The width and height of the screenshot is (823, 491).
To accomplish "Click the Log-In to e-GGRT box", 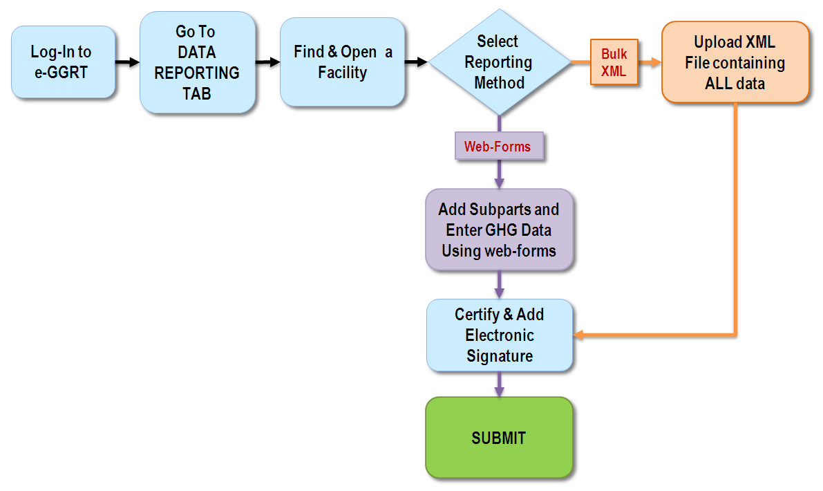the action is tap(63, 62).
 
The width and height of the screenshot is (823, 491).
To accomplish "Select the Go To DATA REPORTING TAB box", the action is tap(198, 62).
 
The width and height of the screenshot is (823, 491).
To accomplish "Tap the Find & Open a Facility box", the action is tap(342, 62).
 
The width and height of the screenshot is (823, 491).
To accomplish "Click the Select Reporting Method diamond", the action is tap(499, 62).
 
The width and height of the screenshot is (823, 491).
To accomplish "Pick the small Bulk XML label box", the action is tap(614, 62).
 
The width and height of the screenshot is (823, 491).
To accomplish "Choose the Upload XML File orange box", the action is tap(735, 62).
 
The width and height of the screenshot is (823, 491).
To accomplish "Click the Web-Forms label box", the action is tap(499, 146).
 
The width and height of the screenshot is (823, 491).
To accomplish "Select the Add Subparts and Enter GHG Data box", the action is tap(499, 230).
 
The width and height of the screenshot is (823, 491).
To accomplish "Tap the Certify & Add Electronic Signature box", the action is tap(499, 335).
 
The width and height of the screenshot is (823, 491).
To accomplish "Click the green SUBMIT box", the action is tap(499, 438).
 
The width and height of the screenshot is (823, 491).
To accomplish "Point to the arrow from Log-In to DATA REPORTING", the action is tap(128, 62).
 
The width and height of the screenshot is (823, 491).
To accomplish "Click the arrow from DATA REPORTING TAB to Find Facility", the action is tap(267, 62).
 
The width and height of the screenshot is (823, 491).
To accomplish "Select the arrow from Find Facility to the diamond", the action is tap(416, 62).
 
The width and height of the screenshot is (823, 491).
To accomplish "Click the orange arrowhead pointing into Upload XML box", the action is tap(656, 62).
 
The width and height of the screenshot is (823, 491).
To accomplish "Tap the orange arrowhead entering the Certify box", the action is tap(578, 335).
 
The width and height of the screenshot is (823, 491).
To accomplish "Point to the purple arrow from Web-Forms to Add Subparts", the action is tap(499, 174).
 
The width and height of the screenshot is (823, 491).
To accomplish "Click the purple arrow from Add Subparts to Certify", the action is tap(499, 285).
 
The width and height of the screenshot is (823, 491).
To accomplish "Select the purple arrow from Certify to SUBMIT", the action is tap(499, 384).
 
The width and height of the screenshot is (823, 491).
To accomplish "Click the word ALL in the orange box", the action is tap(718, 83).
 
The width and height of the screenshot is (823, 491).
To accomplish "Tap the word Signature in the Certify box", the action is tap(500, 356).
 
